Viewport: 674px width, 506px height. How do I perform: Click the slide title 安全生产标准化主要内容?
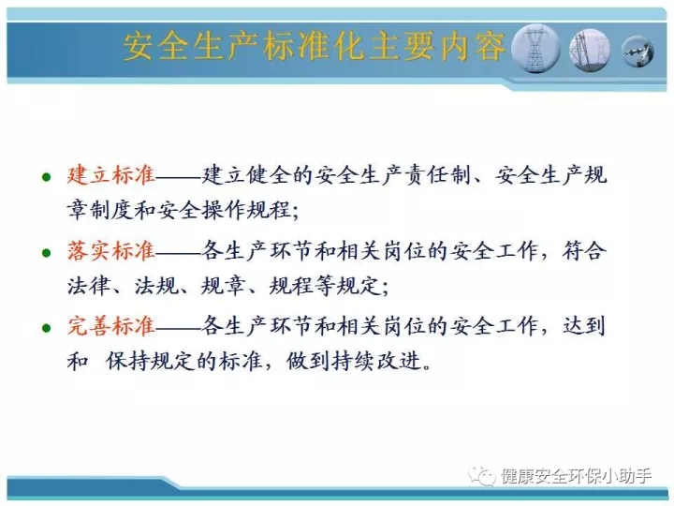tap(314, 46)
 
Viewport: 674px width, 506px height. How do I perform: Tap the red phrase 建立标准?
tap(110, 175)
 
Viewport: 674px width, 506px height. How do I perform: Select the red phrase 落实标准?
tap(110, 251)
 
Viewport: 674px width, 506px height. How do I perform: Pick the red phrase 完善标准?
tap(110, 326)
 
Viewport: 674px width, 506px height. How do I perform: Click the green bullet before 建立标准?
tap(47, 177)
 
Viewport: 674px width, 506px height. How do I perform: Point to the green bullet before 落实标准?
tap(47, 253)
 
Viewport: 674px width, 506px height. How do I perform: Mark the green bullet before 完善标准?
tap(47, 328)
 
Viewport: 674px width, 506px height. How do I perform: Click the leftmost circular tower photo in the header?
tap(535, 49)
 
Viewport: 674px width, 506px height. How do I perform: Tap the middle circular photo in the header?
tap(590, 50)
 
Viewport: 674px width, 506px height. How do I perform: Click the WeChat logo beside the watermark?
tap(482, 475)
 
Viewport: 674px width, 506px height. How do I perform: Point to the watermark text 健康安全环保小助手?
tap(576, 476)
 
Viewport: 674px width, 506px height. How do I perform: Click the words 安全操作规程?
tap(224, 211)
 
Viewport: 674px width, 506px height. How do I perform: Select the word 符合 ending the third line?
tap(584, 251)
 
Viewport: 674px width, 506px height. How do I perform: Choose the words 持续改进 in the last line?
tap(376, 361)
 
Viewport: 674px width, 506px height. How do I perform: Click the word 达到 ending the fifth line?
tap(584, 326)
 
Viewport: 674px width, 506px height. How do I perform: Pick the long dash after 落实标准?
tap(178, 253)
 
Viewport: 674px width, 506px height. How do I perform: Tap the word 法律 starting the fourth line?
tap(89, 286)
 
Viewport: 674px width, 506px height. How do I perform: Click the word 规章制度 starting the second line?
tap(100, 211)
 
